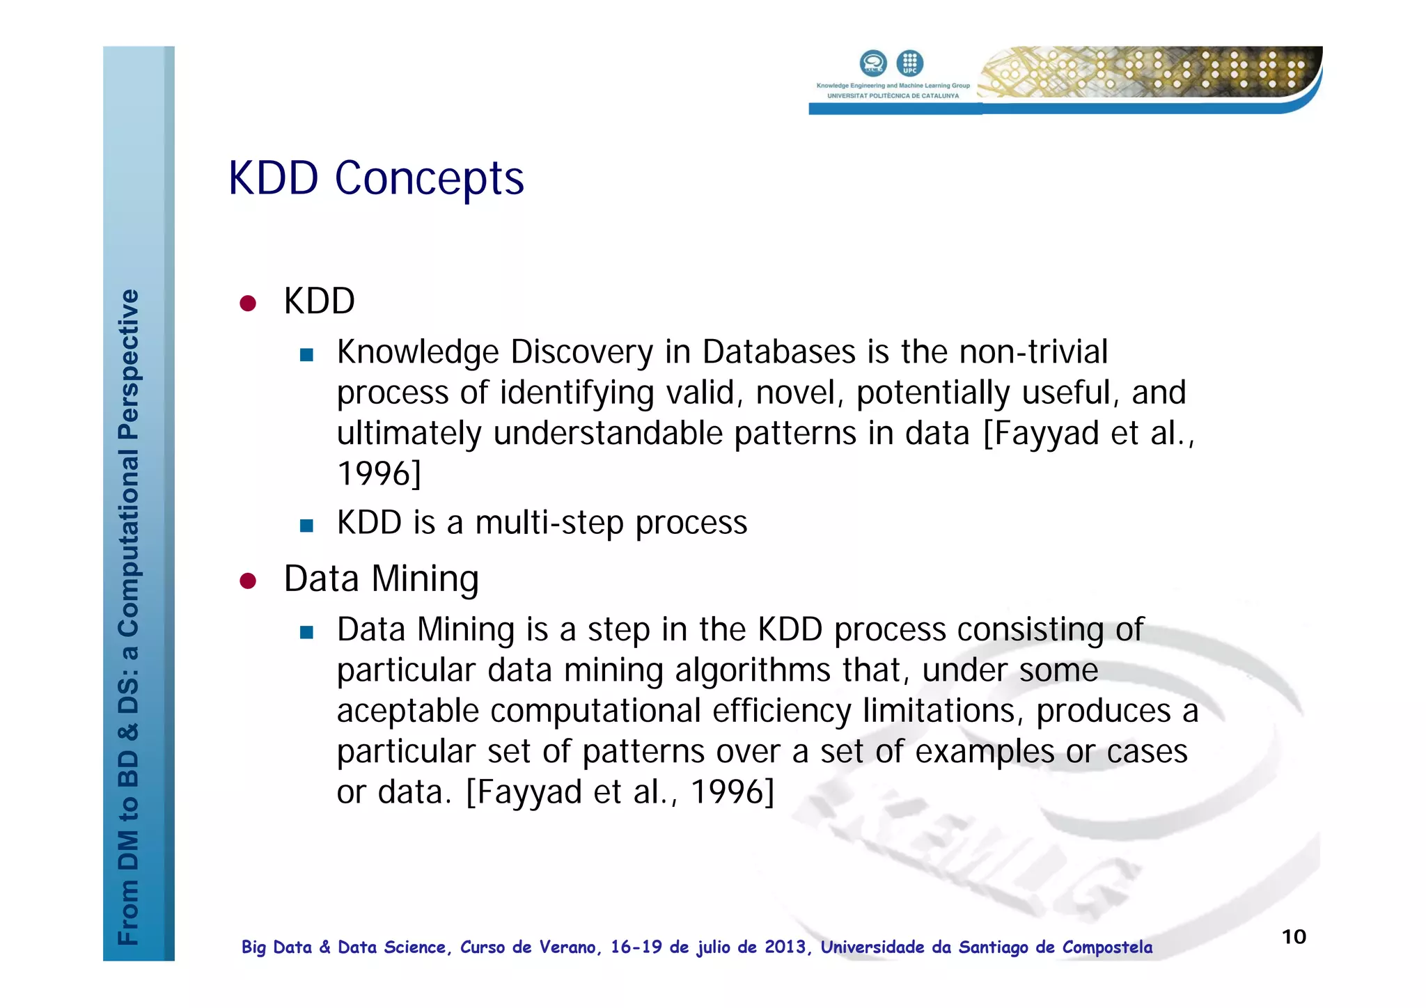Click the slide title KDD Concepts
pos(376,178)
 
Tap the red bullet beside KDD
pos(248,304)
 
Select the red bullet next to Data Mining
pos(248,581)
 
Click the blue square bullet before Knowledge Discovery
pos(306,356)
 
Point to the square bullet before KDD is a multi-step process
pos(306,526)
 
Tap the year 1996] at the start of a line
pos(379,474)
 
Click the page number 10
pos(1294,937)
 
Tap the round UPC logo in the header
pos(909,63)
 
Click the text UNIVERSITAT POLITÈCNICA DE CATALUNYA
pos(893,96)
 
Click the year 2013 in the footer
pos(785,947)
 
